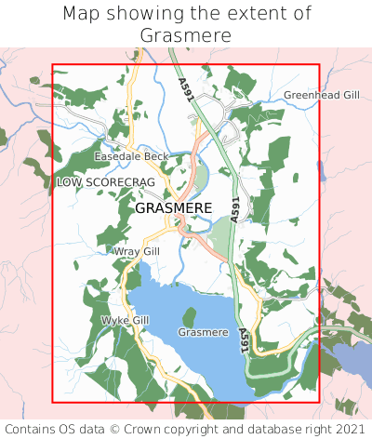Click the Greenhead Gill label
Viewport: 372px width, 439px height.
click(320, 95)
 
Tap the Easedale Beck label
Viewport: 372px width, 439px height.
click(131, 156)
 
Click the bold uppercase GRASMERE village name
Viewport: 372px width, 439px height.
click(173, 208)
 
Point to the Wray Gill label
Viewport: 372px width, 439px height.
click(137, 251)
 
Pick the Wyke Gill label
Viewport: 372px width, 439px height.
click(125, 320)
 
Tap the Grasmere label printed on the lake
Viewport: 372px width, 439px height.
click(203, 332)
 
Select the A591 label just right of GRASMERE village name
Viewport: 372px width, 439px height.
click(235, 208)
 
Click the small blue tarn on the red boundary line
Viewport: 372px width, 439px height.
click(320, 171)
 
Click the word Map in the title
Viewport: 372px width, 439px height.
click(83, 14)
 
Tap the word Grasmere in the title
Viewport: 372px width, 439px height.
click(186, 35)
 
